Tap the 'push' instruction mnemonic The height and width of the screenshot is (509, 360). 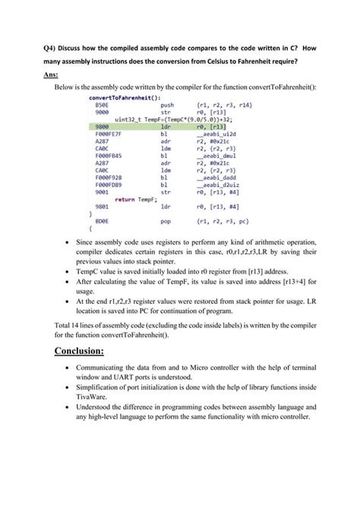(168, 105)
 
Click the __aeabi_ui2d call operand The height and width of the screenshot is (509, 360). (216, 134)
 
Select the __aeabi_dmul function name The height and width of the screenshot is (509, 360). (216, 156)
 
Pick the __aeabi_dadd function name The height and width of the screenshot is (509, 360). (216, 177)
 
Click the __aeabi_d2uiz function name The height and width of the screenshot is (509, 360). (217, 185)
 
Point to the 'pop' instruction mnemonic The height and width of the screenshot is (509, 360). (166, 220)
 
